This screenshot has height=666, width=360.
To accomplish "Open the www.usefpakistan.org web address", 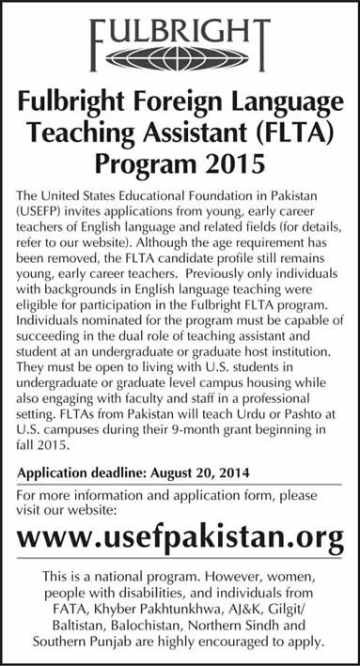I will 180,537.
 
